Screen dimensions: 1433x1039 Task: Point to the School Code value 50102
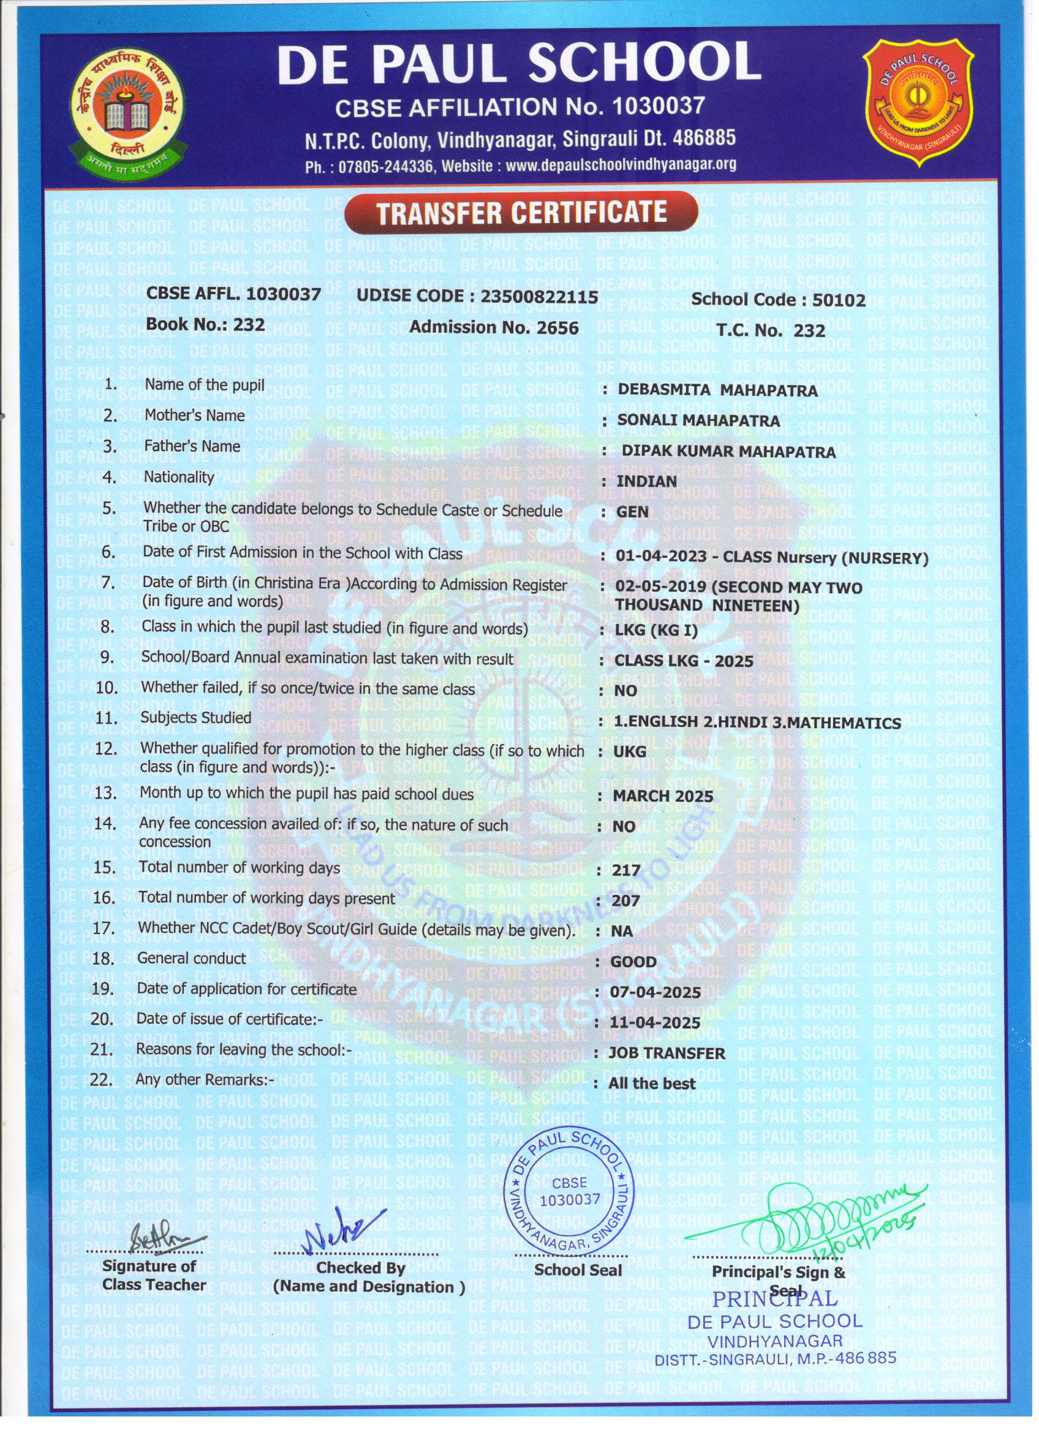pyautogui.click(x=838, y=300)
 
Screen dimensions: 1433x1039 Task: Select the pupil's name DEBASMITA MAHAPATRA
pyautogui.click(x=717, y=390)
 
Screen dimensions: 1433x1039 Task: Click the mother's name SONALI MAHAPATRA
pyautogui.click(x=698, y=420)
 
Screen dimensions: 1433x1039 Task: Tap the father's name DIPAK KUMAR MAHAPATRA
pyautogui.click(x=728, y=451)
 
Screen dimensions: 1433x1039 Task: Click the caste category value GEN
pyautogui.click(x=632, y=512)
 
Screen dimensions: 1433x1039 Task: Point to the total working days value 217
pyautogui.click(x=627, y=871)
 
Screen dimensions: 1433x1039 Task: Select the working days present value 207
pyautogui.click(x=626, y=901)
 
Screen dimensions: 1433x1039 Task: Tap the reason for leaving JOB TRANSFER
pyautogui.click(x=667, y=1053)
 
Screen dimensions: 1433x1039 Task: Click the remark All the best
pyautogui.click(x=651, y=1084)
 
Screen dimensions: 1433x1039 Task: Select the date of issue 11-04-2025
pyautogui.click(x=655, y=1023)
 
